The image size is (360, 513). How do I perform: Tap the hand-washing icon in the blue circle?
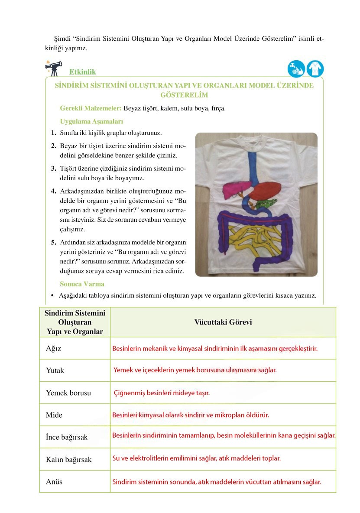coord(296,69)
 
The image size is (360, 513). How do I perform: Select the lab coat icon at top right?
coord(315,69)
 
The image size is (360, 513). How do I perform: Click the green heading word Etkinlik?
coord(82,72)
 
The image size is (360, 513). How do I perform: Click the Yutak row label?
coord(55,370)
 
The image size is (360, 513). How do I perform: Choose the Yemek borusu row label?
coord(68,393)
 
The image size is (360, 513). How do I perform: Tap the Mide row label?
coord(54,415)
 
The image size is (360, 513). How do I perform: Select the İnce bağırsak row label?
coord(67,437)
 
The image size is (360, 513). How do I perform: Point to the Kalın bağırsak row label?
coord(68,459)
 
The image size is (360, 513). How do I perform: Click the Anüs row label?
coord(54,481)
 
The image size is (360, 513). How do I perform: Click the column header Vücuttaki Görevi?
coord(223,322)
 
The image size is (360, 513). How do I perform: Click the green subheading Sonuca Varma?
coord(82,284)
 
